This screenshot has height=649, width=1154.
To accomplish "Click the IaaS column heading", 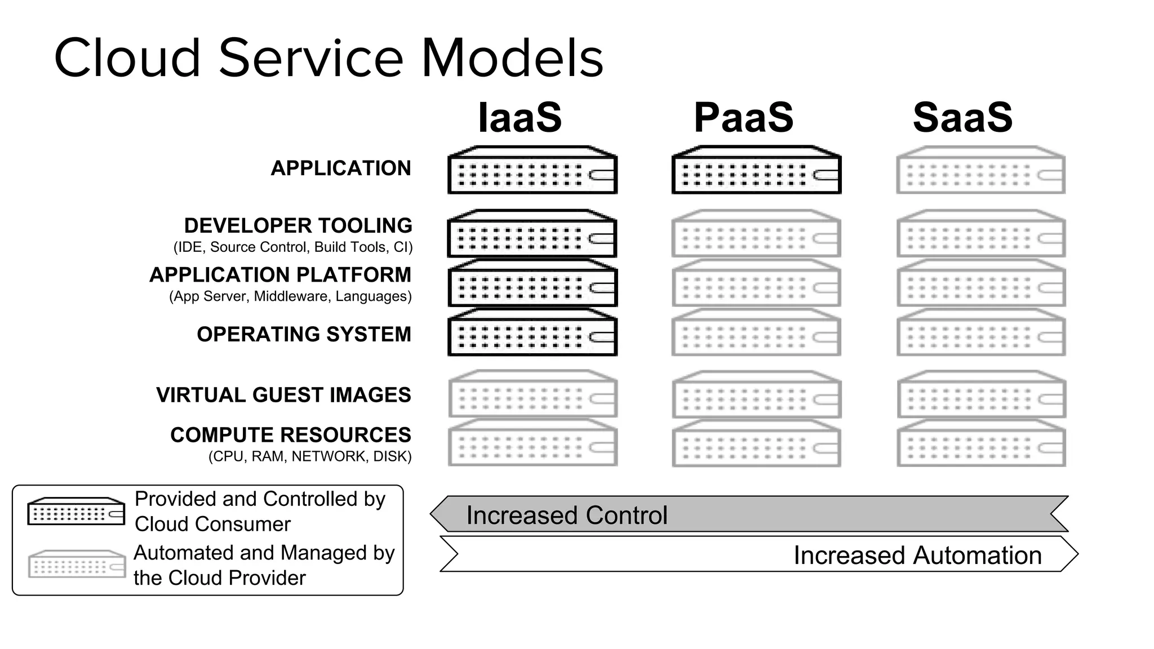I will pyautogui.click(x=520, y=118).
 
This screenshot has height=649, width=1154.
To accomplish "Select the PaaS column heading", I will pyautogui.click(x=743, y=118).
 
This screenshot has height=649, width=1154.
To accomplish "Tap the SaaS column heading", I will pyautogui.click(x=962, y=118).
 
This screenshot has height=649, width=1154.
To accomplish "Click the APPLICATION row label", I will pyautogui.click(x=341, y=168).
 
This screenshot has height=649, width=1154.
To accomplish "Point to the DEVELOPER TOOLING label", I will pyautogui.click(x=298, y=226).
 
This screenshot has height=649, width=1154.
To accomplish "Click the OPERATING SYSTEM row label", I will pyautogui.click(x=304, y=335).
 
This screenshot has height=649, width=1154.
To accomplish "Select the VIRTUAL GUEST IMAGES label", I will pyautogui.click(x=283, y=395).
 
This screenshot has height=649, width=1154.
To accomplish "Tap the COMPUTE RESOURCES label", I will pyautogui.click(x=291, y=435).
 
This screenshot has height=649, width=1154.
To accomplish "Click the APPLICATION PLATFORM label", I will pyautogui.click(x=280, y=275).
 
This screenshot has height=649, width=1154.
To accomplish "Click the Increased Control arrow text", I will pyautogui.click(x=566, y=515).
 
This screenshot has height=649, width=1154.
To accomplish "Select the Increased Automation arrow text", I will pyautogui.click(x=917, y=555).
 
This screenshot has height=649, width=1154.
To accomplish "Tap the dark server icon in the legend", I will pyautogui.click(x=76, y=512).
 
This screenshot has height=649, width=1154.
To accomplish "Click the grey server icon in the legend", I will pyautogui.click(x=77, y=564).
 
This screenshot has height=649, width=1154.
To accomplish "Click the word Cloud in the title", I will pyautogui.click(x=127, y=58).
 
